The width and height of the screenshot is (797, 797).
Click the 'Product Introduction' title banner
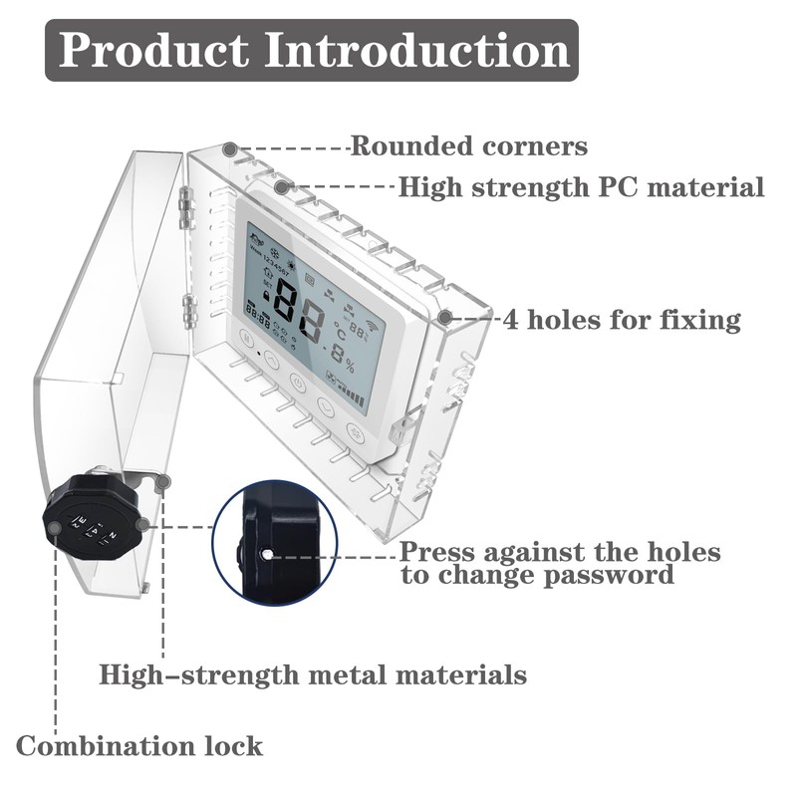point(312,50)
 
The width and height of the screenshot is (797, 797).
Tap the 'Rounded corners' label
point(468,147)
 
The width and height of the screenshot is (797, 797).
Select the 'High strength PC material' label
point(581,187)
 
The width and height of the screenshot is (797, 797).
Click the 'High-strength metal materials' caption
point(313,674)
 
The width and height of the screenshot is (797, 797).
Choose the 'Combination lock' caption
point(139,745)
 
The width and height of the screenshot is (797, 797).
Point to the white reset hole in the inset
point(266,553)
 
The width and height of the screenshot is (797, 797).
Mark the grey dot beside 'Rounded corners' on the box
point(230,148)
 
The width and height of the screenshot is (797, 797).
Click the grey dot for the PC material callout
point(282,186)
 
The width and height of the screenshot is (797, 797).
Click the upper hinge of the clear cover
point(183,203)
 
